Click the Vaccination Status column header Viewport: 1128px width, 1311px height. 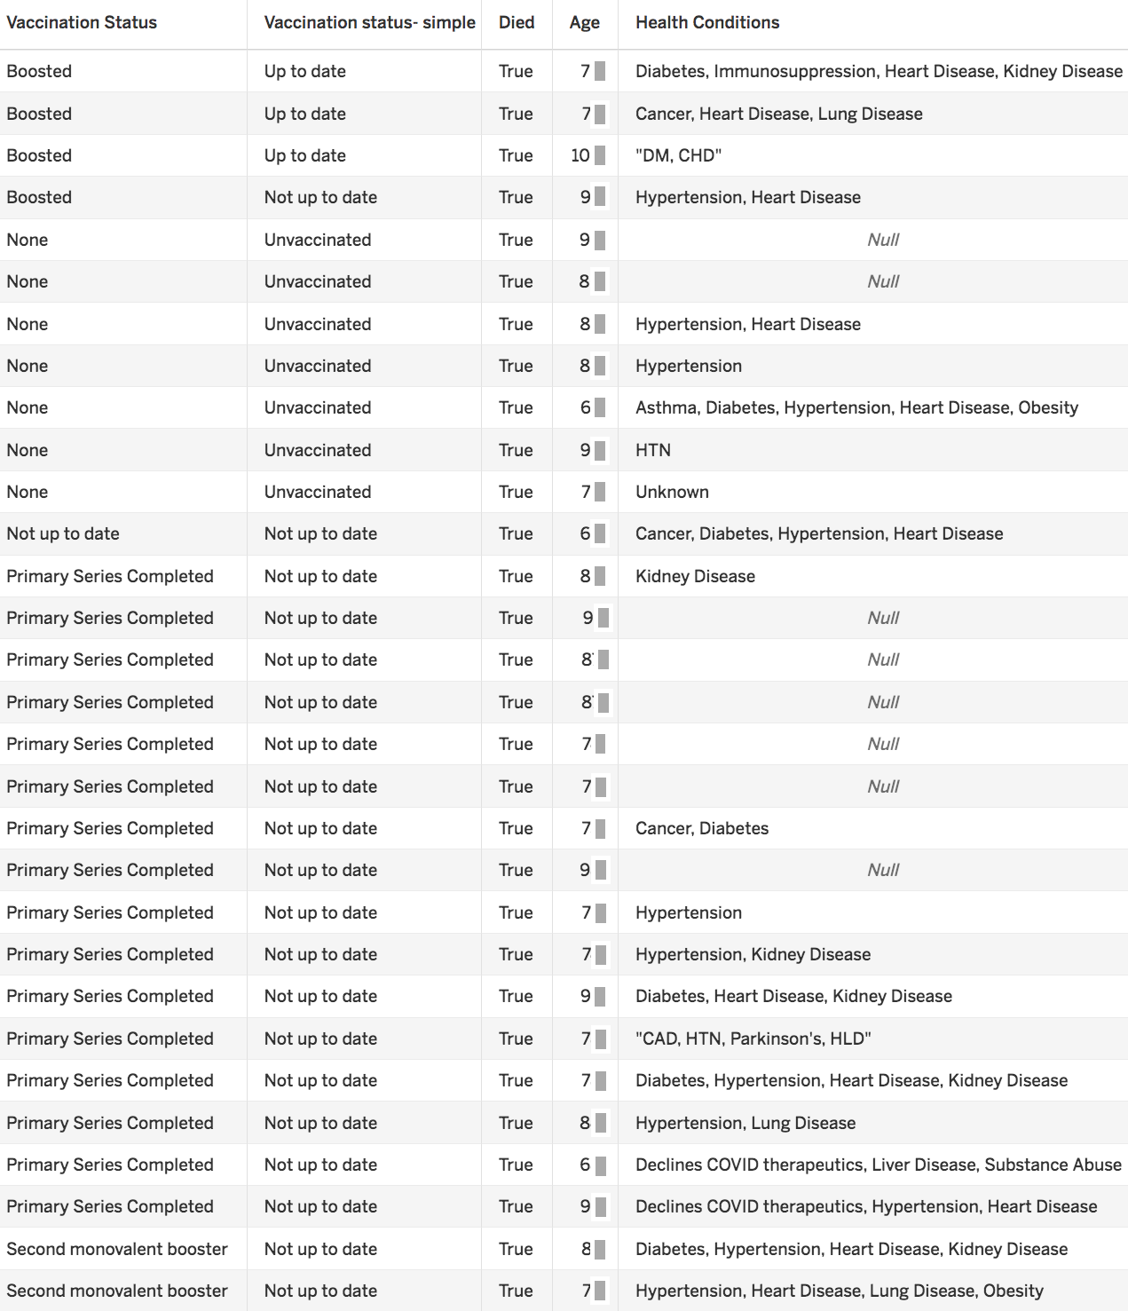[x=82, y=23]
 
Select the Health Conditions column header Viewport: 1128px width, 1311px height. [x=707, y=23]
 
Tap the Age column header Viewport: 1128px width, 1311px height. [x=584, y=23]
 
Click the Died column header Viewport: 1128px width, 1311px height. [x=517, y=23]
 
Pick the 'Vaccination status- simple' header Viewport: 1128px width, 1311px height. [x=369, y=23]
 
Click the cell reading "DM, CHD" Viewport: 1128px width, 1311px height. [x=678, y=155]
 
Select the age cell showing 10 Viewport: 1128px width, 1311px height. [x=580, y=155]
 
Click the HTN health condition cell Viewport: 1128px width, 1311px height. [x=653, y=450]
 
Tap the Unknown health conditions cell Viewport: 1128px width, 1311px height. [x=672, y=492]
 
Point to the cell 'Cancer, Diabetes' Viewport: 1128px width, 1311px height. [x=702, y=828]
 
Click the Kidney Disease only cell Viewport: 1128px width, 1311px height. [x=695, y=576]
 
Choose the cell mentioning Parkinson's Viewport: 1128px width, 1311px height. [x=753, y=1039]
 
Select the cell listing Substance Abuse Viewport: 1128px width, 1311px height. [x=878, y=1165]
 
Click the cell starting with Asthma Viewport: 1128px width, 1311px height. [x=856, y=407]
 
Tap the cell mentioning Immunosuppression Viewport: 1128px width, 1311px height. [x=879, y=71]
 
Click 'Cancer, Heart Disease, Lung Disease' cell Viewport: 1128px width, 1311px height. [x=778, y=114]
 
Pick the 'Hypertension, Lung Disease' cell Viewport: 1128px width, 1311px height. [x=745, y=1123]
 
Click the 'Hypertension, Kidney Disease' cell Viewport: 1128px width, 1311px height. [x=753, y=954]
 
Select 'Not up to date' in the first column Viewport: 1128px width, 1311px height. [x=63, y=533]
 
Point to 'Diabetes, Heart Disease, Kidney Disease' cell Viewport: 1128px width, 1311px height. [x=793, y=996]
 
